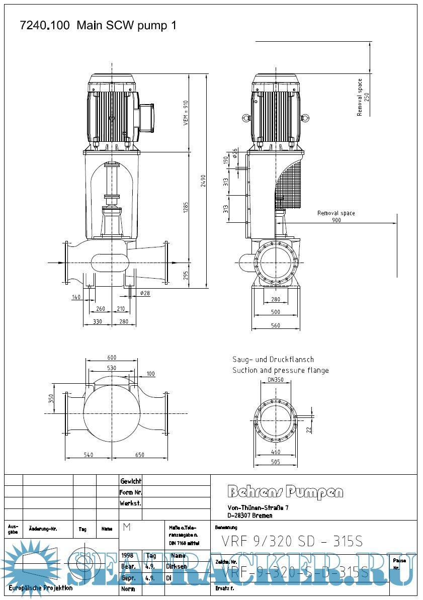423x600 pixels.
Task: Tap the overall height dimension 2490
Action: [x=203, y=181]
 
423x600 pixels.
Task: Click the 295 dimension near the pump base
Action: [x=185, y=276]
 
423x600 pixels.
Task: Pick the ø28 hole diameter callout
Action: [x=145, y=293]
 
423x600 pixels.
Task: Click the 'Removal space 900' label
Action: [x=336, y=217]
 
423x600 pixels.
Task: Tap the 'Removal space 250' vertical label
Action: [x=363, y=97]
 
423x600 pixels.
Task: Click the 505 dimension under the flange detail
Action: [x=275, y=462]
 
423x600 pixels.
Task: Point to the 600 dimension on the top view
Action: [x=112, y=358]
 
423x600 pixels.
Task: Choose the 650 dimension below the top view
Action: [x=139, y=455]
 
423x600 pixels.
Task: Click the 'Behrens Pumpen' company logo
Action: [x=286, y=492]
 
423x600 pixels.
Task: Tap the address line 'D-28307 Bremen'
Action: [x=250, y=516]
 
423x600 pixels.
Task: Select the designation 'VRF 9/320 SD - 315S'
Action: [x=292, y=541]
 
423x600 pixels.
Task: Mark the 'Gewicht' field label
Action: [x=130, y=481]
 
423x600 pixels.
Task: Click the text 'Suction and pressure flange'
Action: [x=280, y=371]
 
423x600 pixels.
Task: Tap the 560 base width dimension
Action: [x=275, y=325]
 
